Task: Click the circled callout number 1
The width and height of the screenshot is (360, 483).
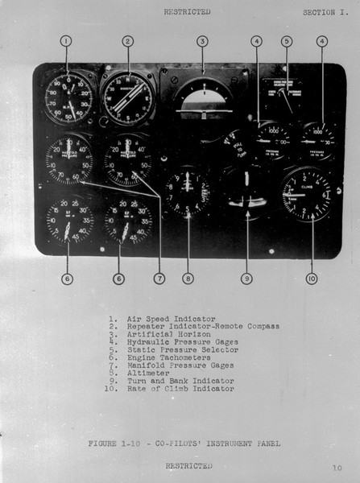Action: coord(67,41)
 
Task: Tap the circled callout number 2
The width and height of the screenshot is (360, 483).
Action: coord(128,41)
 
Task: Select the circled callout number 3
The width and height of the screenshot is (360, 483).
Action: coord(203,41)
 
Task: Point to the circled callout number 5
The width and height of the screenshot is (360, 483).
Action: coord(287,41)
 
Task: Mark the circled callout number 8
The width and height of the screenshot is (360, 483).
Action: coord(188,279)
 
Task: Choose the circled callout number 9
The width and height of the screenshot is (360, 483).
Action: coord(247,279)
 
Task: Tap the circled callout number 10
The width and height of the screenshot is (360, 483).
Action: coord(312,279)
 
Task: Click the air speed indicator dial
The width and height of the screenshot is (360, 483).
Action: coord(68,99)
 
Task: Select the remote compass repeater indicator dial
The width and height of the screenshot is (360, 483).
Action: coord(128,99)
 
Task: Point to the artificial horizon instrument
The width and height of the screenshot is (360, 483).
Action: coord(204,101)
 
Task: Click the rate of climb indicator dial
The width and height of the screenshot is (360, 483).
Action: coord(308,195)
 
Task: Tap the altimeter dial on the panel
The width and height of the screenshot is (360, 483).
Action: coord(187,193)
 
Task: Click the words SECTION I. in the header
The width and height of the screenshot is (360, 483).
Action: coord(325,12)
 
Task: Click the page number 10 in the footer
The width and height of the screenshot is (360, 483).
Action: coord(335,466)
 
